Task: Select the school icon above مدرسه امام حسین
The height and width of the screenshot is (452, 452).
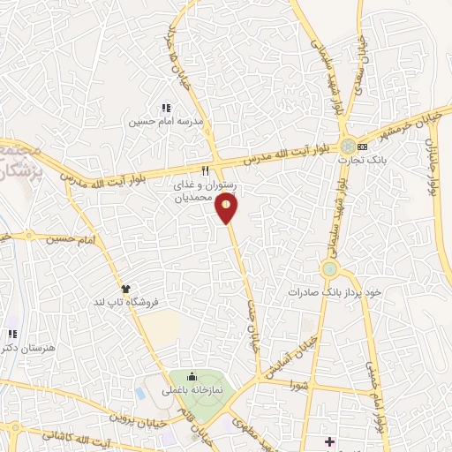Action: tap(165, 107)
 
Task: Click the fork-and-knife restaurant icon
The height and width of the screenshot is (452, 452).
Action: tap(205, 170)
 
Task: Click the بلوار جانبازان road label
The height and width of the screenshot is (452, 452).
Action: tap(433, 167)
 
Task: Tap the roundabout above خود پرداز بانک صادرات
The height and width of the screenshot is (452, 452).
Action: tap(330, 268)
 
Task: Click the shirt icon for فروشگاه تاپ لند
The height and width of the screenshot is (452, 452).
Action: tap(125, 289)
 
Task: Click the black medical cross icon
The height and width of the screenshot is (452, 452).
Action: tap(329, 441)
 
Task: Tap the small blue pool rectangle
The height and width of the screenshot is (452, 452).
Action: tap(142, 391)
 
